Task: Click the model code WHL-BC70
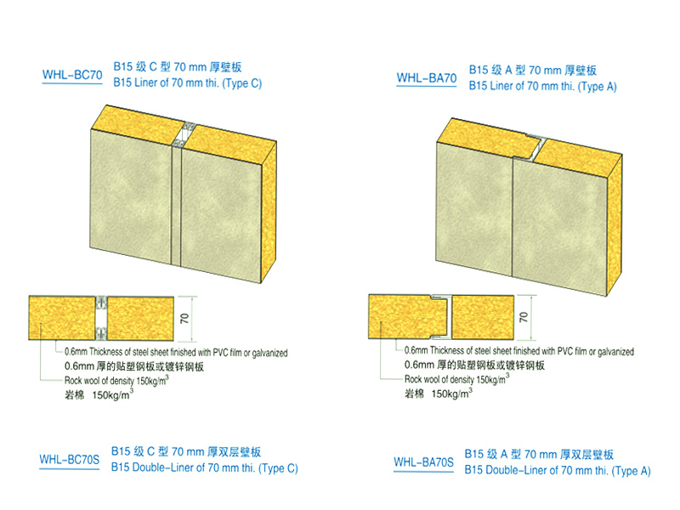[72, 75]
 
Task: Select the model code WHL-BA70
[427, 78]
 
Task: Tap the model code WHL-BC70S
[70, 459]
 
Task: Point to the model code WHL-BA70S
[423, 462]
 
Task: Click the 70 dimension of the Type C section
[184, 318]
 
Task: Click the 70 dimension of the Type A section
[524, 316]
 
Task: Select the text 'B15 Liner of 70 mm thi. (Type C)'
[188, 82]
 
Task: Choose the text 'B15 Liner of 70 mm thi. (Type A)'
[542, 86]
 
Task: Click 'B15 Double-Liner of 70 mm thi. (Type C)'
[205, 468]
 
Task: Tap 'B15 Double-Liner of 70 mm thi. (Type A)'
[558, 471]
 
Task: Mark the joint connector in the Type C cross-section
[101, 318]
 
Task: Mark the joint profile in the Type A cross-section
[441, 316]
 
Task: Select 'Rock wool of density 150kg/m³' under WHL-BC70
[116, 380]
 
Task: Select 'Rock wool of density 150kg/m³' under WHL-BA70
[457, 379]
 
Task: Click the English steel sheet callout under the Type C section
[176, 352]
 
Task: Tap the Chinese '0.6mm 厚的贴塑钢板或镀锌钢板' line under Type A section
[474, 365]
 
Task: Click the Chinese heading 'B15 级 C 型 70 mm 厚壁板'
[178, 67]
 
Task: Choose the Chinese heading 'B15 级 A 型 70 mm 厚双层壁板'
[539, 455]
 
